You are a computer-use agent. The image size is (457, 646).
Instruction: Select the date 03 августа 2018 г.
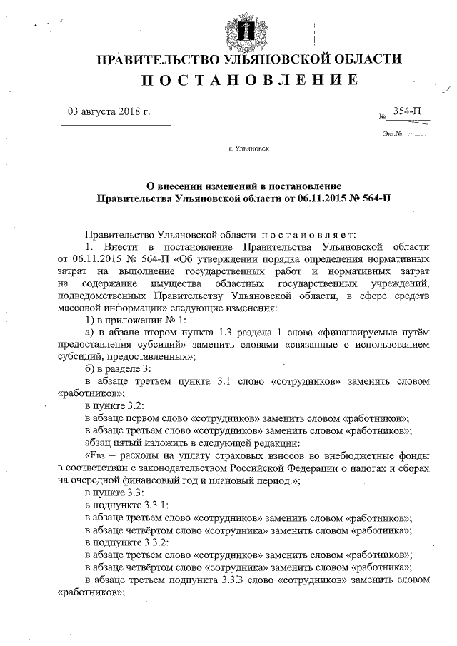click(x=108, y=111)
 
